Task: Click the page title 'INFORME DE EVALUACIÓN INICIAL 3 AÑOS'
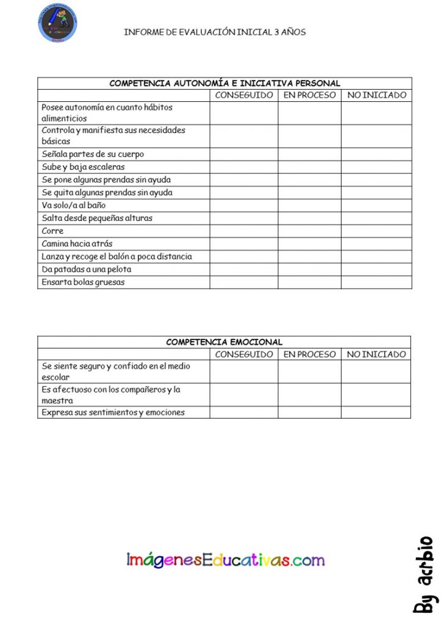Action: tap(215, 32)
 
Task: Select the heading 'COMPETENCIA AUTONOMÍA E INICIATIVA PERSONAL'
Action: tap(224, 83)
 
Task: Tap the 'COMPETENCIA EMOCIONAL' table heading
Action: tap(224, 342)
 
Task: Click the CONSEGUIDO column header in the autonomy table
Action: tap(244, 95)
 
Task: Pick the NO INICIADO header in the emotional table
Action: tap(376, 354)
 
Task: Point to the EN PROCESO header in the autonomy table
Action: tap(310, 95)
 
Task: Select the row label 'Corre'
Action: tap(52, 231)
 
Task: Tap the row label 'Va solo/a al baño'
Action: tap(74, 205)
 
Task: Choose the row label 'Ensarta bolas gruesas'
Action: tap(83, 282)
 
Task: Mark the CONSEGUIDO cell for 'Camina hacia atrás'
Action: tap(244, 244)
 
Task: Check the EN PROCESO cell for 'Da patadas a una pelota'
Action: tap(310, 269)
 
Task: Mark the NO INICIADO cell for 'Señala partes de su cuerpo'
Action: tap(376, 154)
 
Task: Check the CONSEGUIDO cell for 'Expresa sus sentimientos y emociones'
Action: tap(244, 413)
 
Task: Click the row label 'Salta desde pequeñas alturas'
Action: tap(97, 218)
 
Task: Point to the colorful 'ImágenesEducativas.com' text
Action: tap(226, 560)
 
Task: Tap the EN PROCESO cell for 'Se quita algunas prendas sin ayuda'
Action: tap(310, 192)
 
